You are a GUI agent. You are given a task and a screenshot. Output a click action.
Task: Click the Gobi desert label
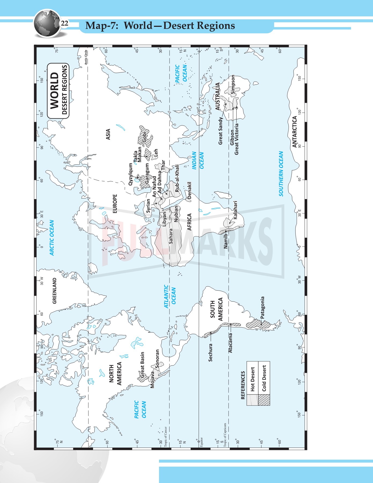pos(145,137)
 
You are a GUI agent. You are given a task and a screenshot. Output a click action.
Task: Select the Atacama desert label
pos(230,343)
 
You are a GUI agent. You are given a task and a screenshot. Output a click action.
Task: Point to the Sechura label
pos(210,352)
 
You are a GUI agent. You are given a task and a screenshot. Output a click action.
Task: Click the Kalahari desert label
pos(235,210)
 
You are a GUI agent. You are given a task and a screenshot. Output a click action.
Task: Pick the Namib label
pos(226,241)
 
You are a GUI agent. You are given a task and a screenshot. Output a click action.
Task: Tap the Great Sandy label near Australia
pos(220,131)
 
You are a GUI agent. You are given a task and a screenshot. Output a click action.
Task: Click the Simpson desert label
pos(233,84)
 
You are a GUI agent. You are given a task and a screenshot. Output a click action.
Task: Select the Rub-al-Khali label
pos(177,178)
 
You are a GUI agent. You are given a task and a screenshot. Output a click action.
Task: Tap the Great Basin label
pos(142,364)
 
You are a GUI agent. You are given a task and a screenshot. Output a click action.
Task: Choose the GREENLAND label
pos(54,291)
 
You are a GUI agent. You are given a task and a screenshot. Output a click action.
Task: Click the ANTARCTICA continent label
pos(294,132)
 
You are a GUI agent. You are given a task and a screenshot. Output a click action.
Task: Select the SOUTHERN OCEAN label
pos(281,174)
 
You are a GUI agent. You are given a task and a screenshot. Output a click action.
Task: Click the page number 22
pos(65,24)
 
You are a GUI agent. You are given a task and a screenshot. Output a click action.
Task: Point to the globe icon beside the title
pos(46,23)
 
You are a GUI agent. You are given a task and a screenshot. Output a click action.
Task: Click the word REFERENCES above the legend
pos(243,385)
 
